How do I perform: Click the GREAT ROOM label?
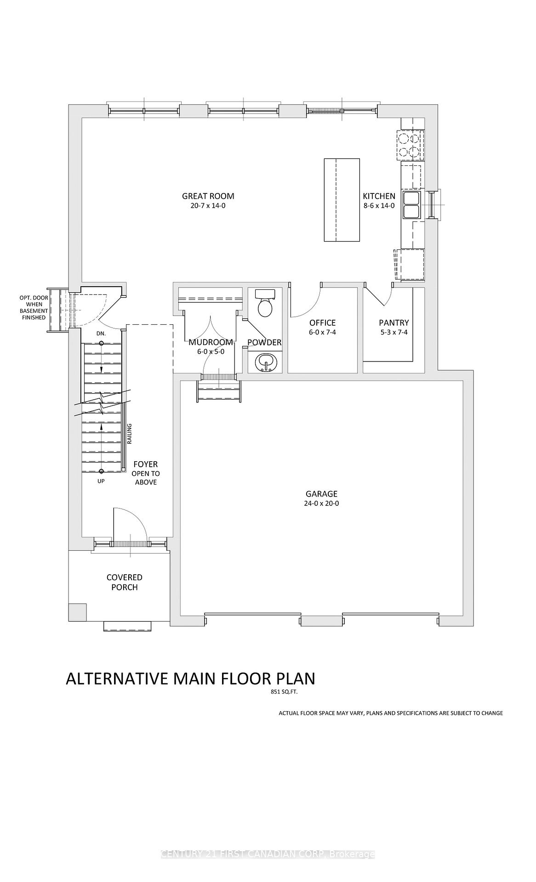[208, 196]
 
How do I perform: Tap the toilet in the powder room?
[265, 303]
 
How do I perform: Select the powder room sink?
[265, 362]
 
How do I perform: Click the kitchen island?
[342, 200]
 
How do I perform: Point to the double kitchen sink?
[411, 205]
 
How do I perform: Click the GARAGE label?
[321, 494]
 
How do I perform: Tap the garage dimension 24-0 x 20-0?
[321, 503]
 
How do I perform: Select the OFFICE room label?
[322, 323]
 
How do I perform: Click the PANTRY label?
[394, 323]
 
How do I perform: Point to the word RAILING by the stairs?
[130, 434]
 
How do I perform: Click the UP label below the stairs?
[101, 481]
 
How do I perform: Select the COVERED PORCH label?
[125, 582]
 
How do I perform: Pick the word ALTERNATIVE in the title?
[117, 679]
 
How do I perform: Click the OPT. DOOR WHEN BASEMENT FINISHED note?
[34, 308]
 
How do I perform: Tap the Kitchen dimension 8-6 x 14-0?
[379, 206]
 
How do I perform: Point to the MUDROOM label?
[211, 342]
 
